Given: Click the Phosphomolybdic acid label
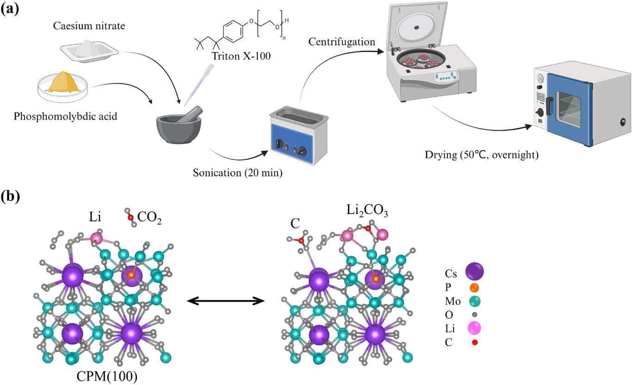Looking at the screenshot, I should pos(66,116).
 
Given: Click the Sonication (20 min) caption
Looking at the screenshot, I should pos(238,173).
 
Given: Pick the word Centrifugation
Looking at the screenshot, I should pos(341,42).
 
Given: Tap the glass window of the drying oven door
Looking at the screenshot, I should pos(568,108).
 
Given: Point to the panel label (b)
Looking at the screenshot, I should pos(10,196).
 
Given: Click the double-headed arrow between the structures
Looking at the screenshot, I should pos(225,301).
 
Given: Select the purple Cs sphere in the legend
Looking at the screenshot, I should pos(475,270).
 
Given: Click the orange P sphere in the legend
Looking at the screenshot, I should pos(475,287).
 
